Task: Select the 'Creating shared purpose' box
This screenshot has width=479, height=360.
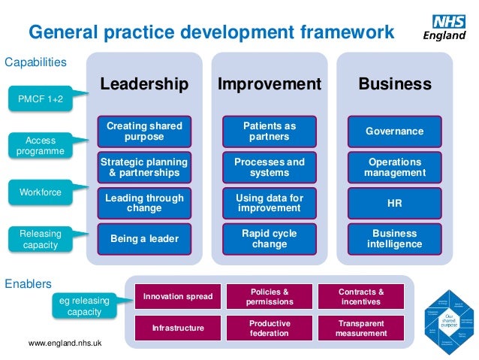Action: click(144, 132)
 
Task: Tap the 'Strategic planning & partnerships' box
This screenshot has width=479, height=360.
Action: click(144, 167)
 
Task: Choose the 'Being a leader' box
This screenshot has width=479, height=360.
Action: click(144, 238)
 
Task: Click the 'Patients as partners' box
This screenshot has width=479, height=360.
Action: click(270, 132)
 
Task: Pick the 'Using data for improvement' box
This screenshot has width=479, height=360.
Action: click(270, 203)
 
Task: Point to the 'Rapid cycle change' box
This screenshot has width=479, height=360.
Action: click(270, 238)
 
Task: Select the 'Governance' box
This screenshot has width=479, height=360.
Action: click(394, 132)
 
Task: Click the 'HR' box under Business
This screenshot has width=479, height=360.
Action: click(394, 203)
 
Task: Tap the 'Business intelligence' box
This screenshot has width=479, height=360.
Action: click(394, 238)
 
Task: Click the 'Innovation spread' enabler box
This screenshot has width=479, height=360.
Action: click(178, 296)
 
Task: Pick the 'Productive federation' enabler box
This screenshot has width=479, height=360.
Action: click(270, 328)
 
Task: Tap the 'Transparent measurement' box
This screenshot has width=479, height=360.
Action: click(361, 328)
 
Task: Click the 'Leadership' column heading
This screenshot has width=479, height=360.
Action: click(144, 84)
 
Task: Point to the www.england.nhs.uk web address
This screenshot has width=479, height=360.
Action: click(65, 344)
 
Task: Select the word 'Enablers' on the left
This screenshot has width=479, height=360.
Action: click(28, 284)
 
